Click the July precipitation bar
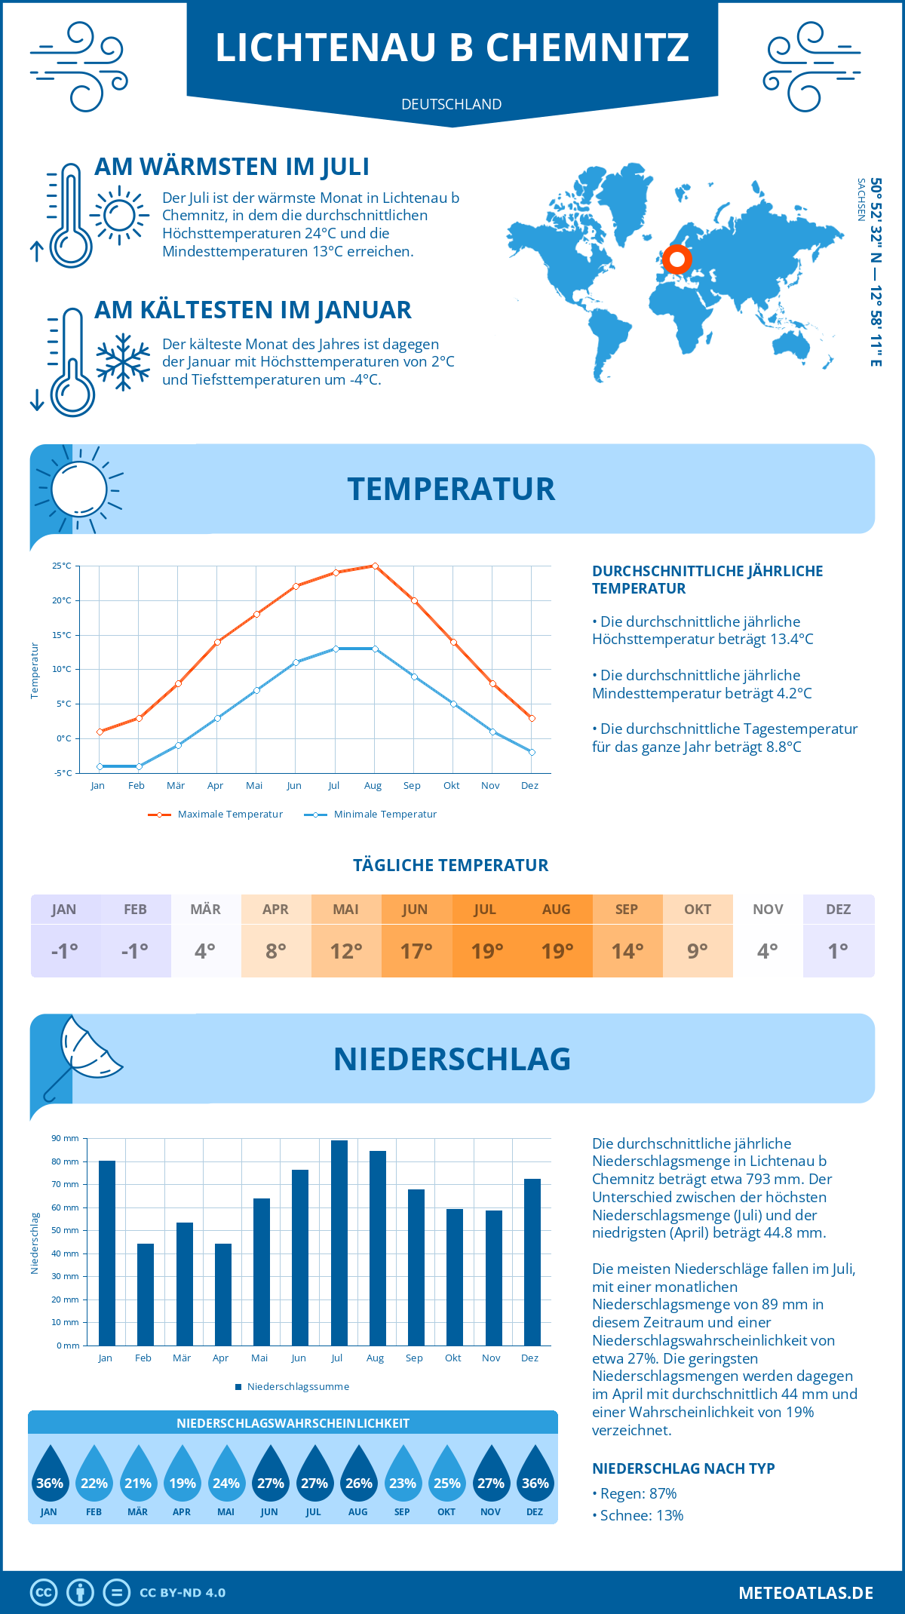pyautogui.click(x=339, y=1243)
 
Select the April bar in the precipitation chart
pyautogui.click(x=223, y=1294)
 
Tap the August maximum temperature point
pyautogui.click(x=375, y=566)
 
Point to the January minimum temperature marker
pyautogui.click(x=100, y=766)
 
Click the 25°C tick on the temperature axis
pyautogui.click(x=62, y=566)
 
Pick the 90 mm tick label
pyautogui.click(x=66, y=1138)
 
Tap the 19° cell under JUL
pyautogui.click(x=486, y=951)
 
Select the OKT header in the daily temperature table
pyautogui.click(x=698, y=910)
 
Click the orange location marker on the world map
pyautogui.click(x=677, y=259)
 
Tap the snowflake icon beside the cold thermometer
pyautogui.click(x=123, y=362)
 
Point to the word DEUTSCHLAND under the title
pyautogui.click(x=452, y=105)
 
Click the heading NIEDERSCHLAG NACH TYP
pyautogui.click(x=683, y=1468)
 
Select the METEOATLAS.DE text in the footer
pyautogui.click(x=805, y=1593)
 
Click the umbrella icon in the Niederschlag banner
pyautogui.click(x=84, y=1051)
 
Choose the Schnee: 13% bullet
pyautogui.click(x=638, y=1515)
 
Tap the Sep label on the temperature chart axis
pyautogui.click(x=412, y=786)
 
